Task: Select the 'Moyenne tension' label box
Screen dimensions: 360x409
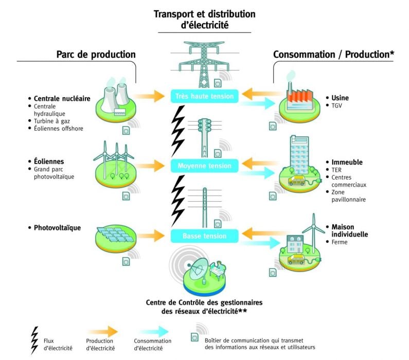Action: (x=204, y=166)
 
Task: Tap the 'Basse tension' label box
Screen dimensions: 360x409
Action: (x=204, y=236)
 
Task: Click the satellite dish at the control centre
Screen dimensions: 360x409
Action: (x=198, y=271)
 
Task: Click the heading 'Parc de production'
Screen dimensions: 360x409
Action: (x=96, y=55)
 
